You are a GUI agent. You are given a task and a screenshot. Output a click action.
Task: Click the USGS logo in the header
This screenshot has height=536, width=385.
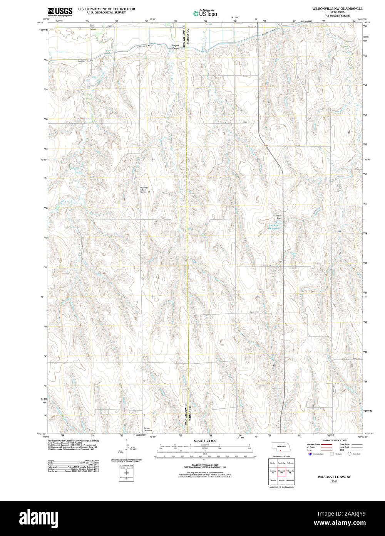[60, 12]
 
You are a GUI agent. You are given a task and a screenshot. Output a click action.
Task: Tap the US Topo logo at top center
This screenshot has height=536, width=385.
[205, 13]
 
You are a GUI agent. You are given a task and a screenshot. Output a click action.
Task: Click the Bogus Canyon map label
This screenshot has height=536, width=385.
[176, 47]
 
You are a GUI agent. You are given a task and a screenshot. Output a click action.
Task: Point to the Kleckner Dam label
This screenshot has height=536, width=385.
[277, 217]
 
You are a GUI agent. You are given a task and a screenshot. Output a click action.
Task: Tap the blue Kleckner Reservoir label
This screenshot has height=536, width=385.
[274, 226]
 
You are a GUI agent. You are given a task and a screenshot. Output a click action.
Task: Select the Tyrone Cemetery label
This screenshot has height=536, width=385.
[147, 429]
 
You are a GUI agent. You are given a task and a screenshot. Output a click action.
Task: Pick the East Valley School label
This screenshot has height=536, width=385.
[93, 27]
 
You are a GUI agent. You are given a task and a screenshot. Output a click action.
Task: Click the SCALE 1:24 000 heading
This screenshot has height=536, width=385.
[205, 441]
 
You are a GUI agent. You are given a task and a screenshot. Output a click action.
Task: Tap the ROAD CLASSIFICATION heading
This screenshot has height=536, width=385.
[334, 440]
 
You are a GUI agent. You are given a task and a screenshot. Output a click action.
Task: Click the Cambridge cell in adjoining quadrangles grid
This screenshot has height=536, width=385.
[281, 463]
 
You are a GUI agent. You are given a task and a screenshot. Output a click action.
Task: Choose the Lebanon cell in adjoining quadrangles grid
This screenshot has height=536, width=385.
[273, 480]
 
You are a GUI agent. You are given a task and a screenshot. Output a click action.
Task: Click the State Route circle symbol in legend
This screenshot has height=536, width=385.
[350, 454]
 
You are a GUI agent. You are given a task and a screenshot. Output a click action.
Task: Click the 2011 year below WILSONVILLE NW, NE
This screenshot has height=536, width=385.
[334, 481]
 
